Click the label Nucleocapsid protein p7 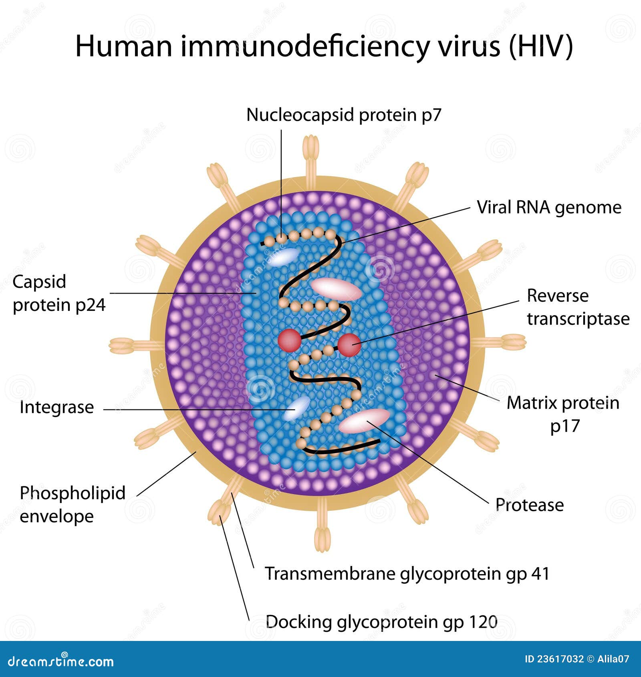(x=343, y=115)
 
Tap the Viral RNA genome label (x=548, y=208)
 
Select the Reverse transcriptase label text (x=577, y=307)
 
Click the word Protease (x=529, y=505)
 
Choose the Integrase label (x=56, y=407)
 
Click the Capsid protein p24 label (x=58, y=293)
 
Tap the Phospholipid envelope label (x=72, y=504)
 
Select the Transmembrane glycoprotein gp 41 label (x=407, y=574)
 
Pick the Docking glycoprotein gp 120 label (x=381, y=622)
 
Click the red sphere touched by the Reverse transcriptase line (x=349, y=345)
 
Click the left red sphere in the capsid (x=289, y=341)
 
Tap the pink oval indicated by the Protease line (x=364, y=421)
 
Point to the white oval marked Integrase (x=296, y=409)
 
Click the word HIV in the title (x=541, y=46)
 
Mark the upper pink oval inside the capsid (x=336, y=288)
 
